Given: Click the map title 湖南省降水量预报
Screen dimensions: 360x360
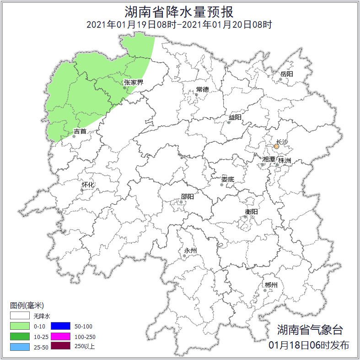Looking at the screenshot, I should [180, 11].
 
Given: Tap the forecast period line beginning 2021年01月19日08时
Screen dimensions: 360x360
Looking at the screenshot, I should [180, 25].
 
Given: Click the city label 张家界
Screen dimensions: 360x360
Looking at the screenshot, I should [133, 83].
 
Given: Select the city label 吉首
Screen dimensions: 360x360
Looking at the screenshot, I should [80, 132].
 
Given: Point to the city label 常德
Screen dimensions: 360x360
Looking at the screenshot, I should [202, 89].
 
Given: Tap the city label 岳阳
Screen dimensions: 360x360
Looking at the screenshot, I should [286, 74].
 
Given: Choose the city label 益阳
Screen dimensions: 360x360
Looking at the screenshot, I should [235, 118].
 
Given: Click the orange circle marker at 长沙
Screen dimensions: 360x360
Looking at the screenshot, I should [276, 147].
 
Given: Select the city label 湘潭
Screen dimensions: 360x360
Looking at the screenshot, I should [269, 159].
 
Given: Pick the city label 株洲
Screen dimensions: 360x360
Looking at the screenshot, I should [284, 161].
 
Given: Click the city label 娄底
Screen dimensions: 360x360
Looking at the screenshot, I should [227, 179].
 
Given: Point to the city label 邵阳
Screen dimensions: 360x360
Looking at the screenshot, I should [187, 197].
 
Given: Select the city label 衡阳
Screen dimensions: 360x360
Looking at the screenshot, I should [251, 211].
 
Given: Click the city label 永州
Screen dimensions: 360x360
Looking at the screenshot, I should [190, 250].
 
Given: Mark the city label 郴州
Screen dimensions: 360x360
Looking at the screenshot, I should [271, 285].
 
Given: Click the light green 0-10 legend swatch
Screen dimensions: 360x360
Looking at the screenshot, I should [20, 326].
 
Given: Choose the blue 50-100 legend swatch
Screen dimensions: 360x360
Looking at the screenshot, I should [60, 326].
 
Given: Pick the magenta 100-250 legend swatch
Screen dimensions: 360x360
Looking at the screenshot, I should [60, 336].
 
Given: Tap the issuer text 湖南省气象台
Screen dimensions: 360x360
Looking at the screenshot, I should [309, 330].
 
